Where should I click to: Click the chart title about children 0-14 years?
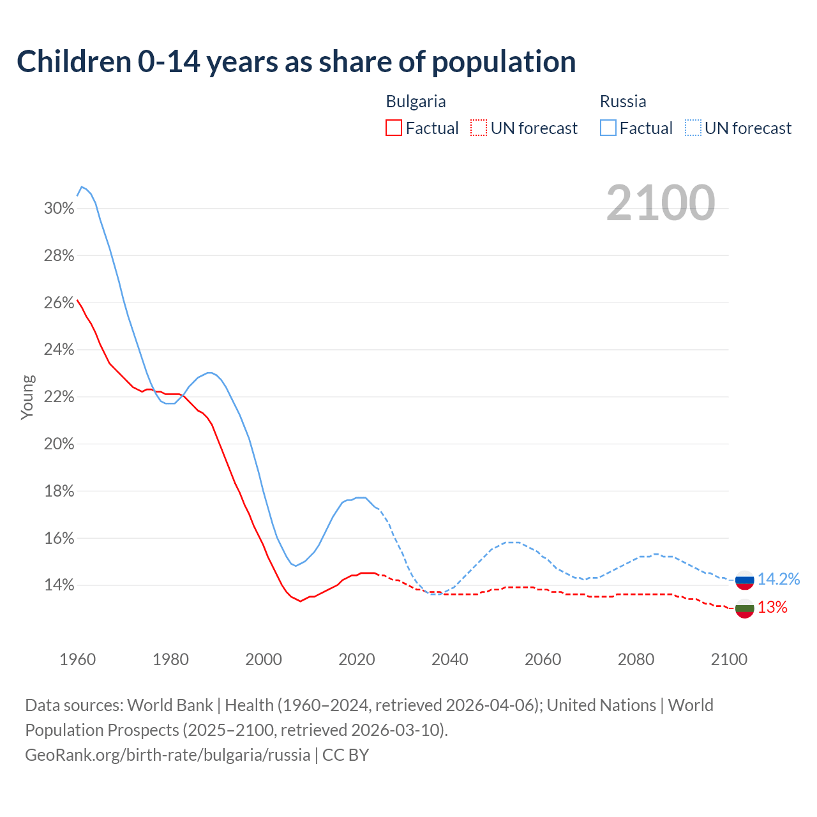296,62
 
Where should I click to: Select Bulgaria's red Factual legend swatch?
394,128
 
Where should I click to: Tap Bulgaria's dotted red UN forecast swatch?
479,128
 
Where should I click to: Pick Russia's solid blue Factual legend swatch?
608,128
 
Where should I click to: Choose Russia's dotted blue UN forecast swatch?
693,128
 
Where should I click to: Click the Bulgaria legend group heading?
416,101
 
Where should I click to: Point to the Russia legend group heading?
623,101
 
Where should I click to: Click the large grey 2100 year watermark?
661,203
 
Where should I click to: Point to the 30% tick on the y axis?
59,209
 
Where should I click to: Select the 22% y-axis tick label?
59,397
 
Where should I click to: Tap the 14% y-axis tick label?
59,585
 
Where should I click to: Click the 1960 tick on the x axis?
78,659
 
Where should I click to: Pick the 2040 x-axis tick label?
450,659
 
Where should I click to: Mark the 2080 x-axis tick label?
636,659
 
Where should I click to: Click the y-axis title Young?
27,397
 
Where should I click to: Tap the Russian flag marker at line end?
745,580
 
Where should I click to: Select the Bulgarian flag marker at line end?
745,608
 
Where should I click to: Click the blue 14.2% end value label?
778,579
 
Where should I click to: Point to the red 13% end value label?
772,608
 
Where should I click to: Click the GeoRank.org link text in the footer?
168,755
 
